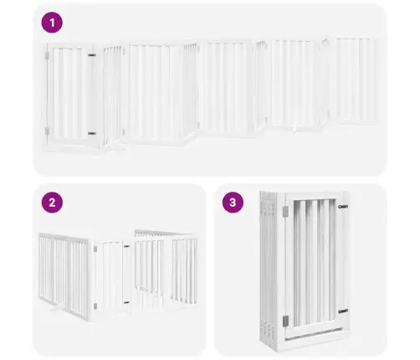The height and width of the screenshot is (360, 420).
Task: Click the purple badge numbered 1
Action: pyautogui.click(x=52, y=23)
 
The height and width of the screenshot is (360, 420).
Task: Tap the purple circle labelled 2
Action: pyautogui.click(x=52, y=203)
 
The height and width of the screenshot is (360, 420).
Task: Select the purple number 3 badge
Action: pyautogui.click(x=233, y=203)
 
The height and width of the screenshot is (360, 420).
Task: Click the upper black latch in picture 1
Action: pyautogui.click(x=92, y=55)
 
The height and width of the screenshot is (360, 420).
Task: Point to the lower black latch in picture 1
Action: pyautogui.click(x=92, y=133)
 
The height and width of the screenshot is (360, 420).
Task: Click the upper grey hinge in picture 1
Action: pyautogui.click(x=47, y=55)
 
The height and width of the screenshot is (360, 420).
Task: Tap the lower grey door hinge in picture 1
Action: pyautogui.click(x=47, y=131)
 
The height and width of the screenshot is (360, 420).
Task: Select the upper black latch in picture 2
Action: pyautogui.click(x=126, y=246)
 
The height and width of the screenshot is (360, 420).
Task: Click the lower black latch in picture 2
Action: pyautogui.click(x=126, y=302)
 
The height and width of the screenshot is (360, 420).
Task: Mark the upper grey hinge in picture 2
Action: pyautogui.click(x=95, y=249)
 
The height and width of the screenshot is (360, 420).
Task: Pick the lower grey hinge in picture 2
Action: pyautogui.click(x=95, y=306)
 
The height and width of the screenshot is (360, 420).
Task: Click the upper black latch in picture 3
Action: pyautogui.click(x=343, y=207)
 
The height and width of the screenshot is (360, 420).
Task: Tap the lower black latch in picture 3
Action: pyautogui.click(x=343, y=311)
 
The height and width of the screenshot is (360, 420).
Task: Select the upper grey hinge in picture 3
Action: pyautogui.click(x=285, y=212)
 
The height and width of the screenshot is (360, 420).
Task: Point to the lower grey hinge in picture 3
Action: pyautogui.click(x=285, y=321)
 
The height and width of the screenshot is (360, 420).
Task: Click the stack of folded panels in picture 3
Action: pyautogui.click(x=269, y=268)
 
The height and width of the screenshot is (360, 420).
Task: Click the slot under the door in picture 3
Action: pyautogui.click(x=314, y=334)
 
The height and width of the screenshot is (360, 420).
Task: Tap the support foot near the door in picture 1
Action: pyautogui.click(x=115, y=146)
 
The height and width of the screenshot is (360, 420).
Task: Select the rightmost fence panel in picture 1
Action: pyautogui.click(x=355, y=81)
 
